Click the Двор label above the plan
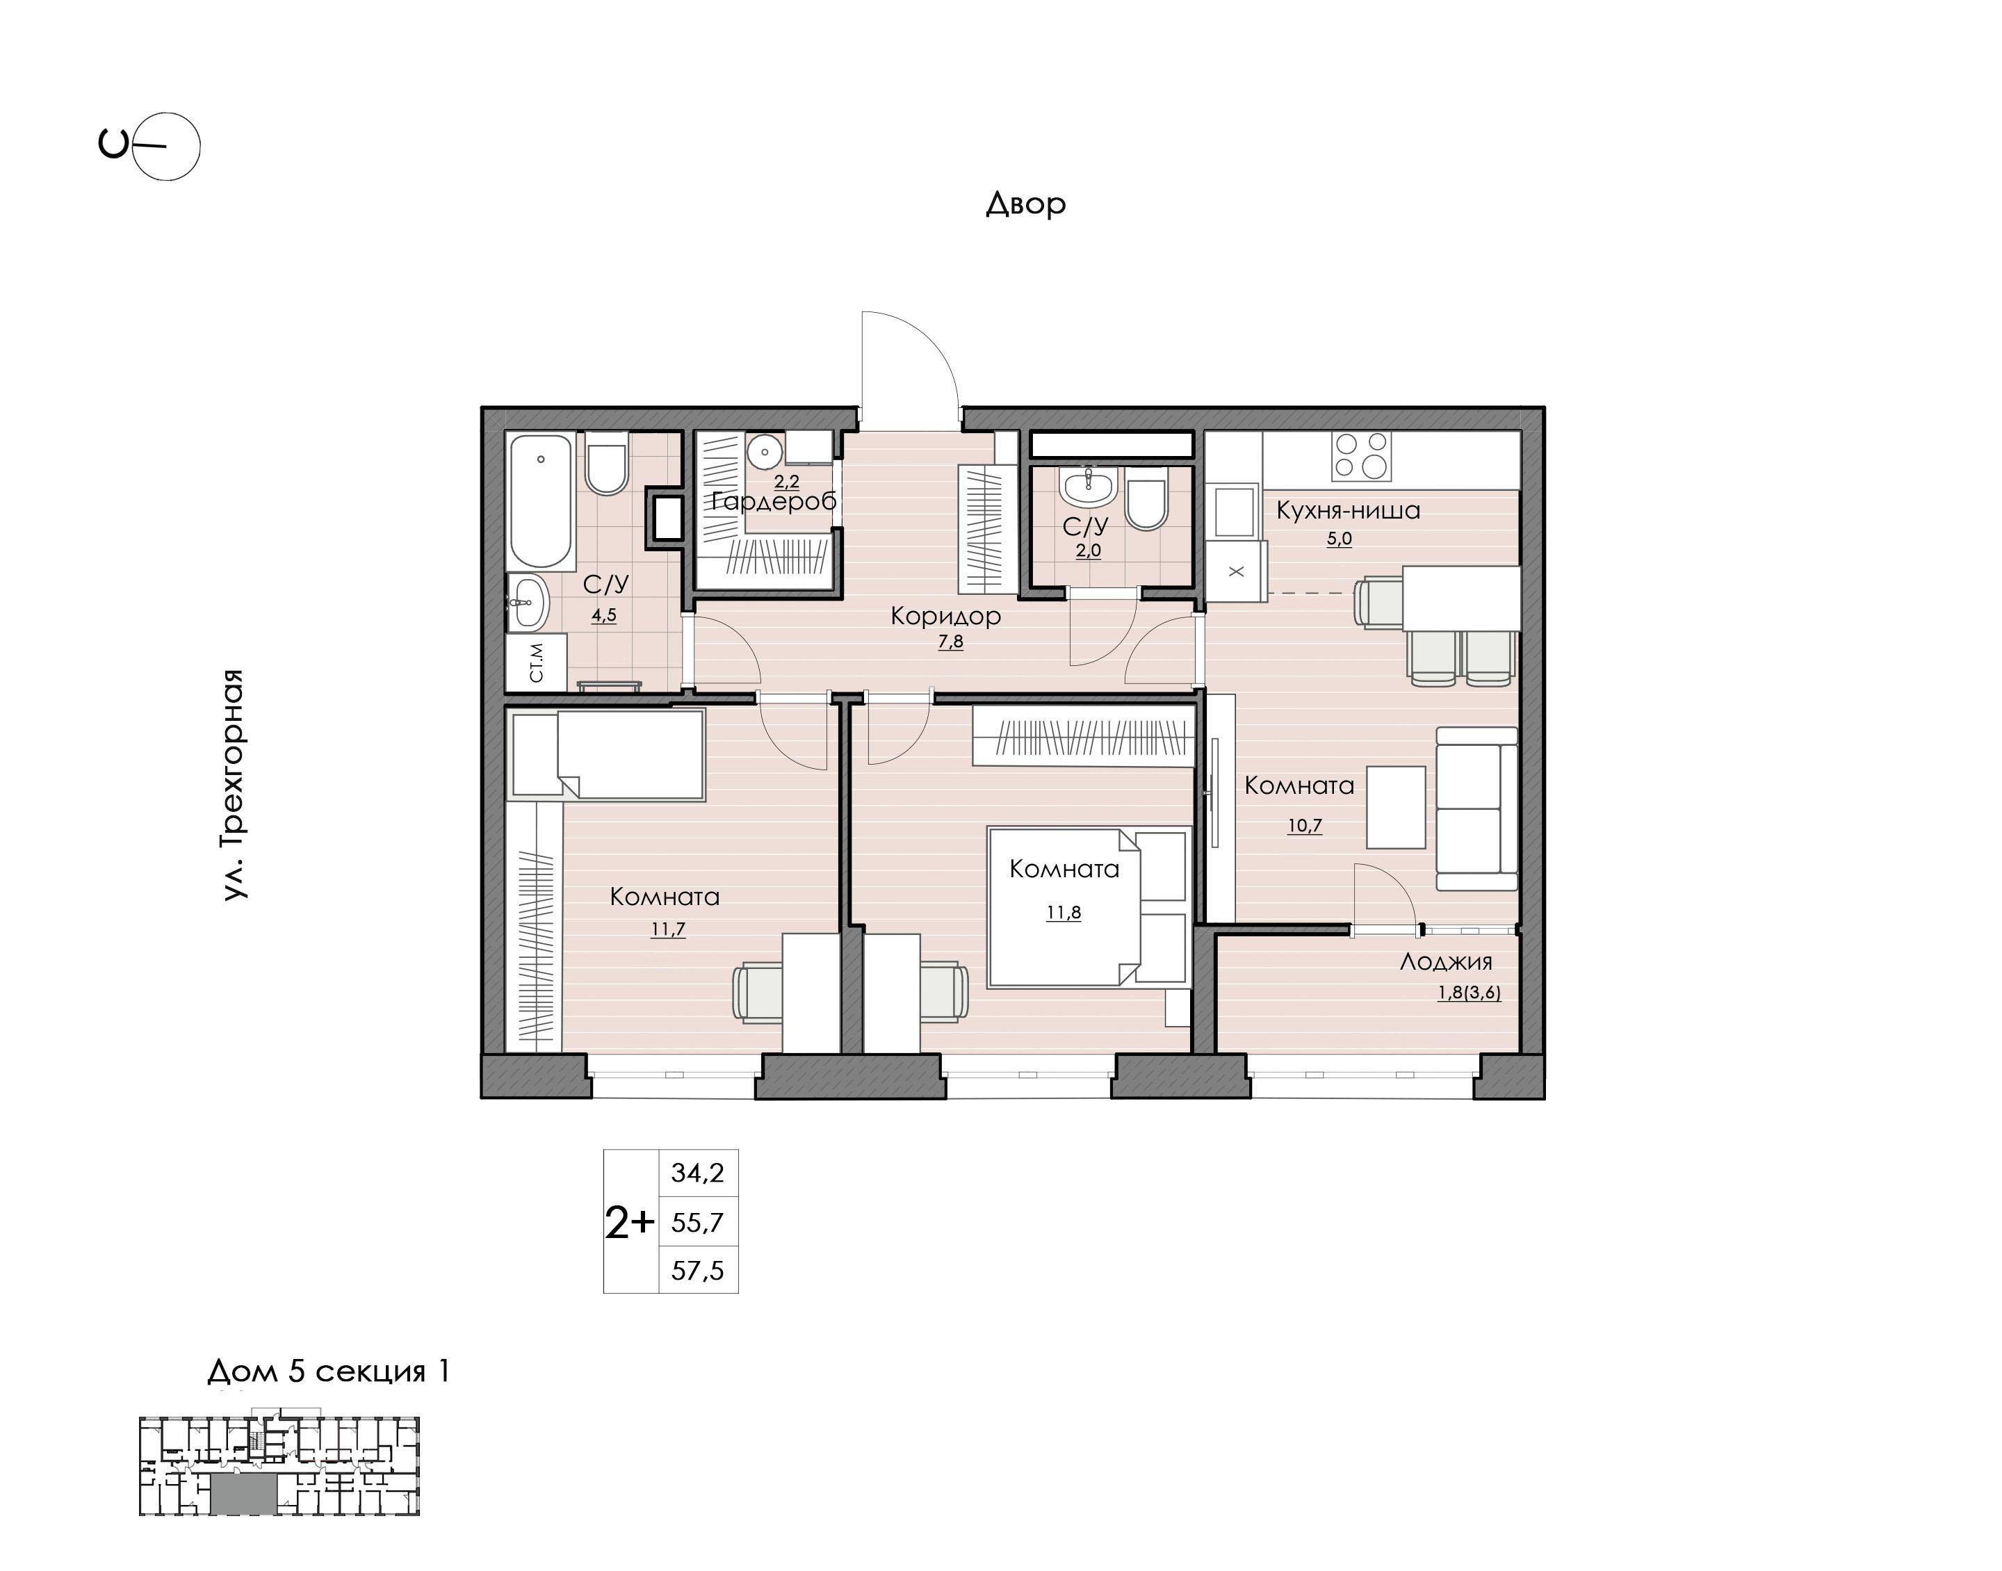click(1025, 203)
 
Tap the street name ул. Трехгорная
click(234, 783)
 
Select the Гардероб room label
click(774, 501)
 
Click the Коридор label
click(945, 617)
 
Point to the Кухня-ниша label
click(1348, 510)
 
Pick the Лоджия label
click(1446, 962)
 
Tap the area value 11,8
click(1063, 913)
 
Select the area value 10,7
click(1304, 825)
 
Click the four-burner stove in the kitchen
click(1362, 456)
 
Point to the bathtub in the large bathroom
click(542, 501)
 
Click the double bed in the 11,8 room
click(1089, 907)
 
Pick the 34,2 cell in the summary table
click(698, 1173)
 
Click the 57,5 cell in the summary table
click(698, 1270)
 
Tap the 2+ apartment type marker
click(630, 1223)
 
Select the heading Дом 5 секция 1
click(328, 1371)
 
